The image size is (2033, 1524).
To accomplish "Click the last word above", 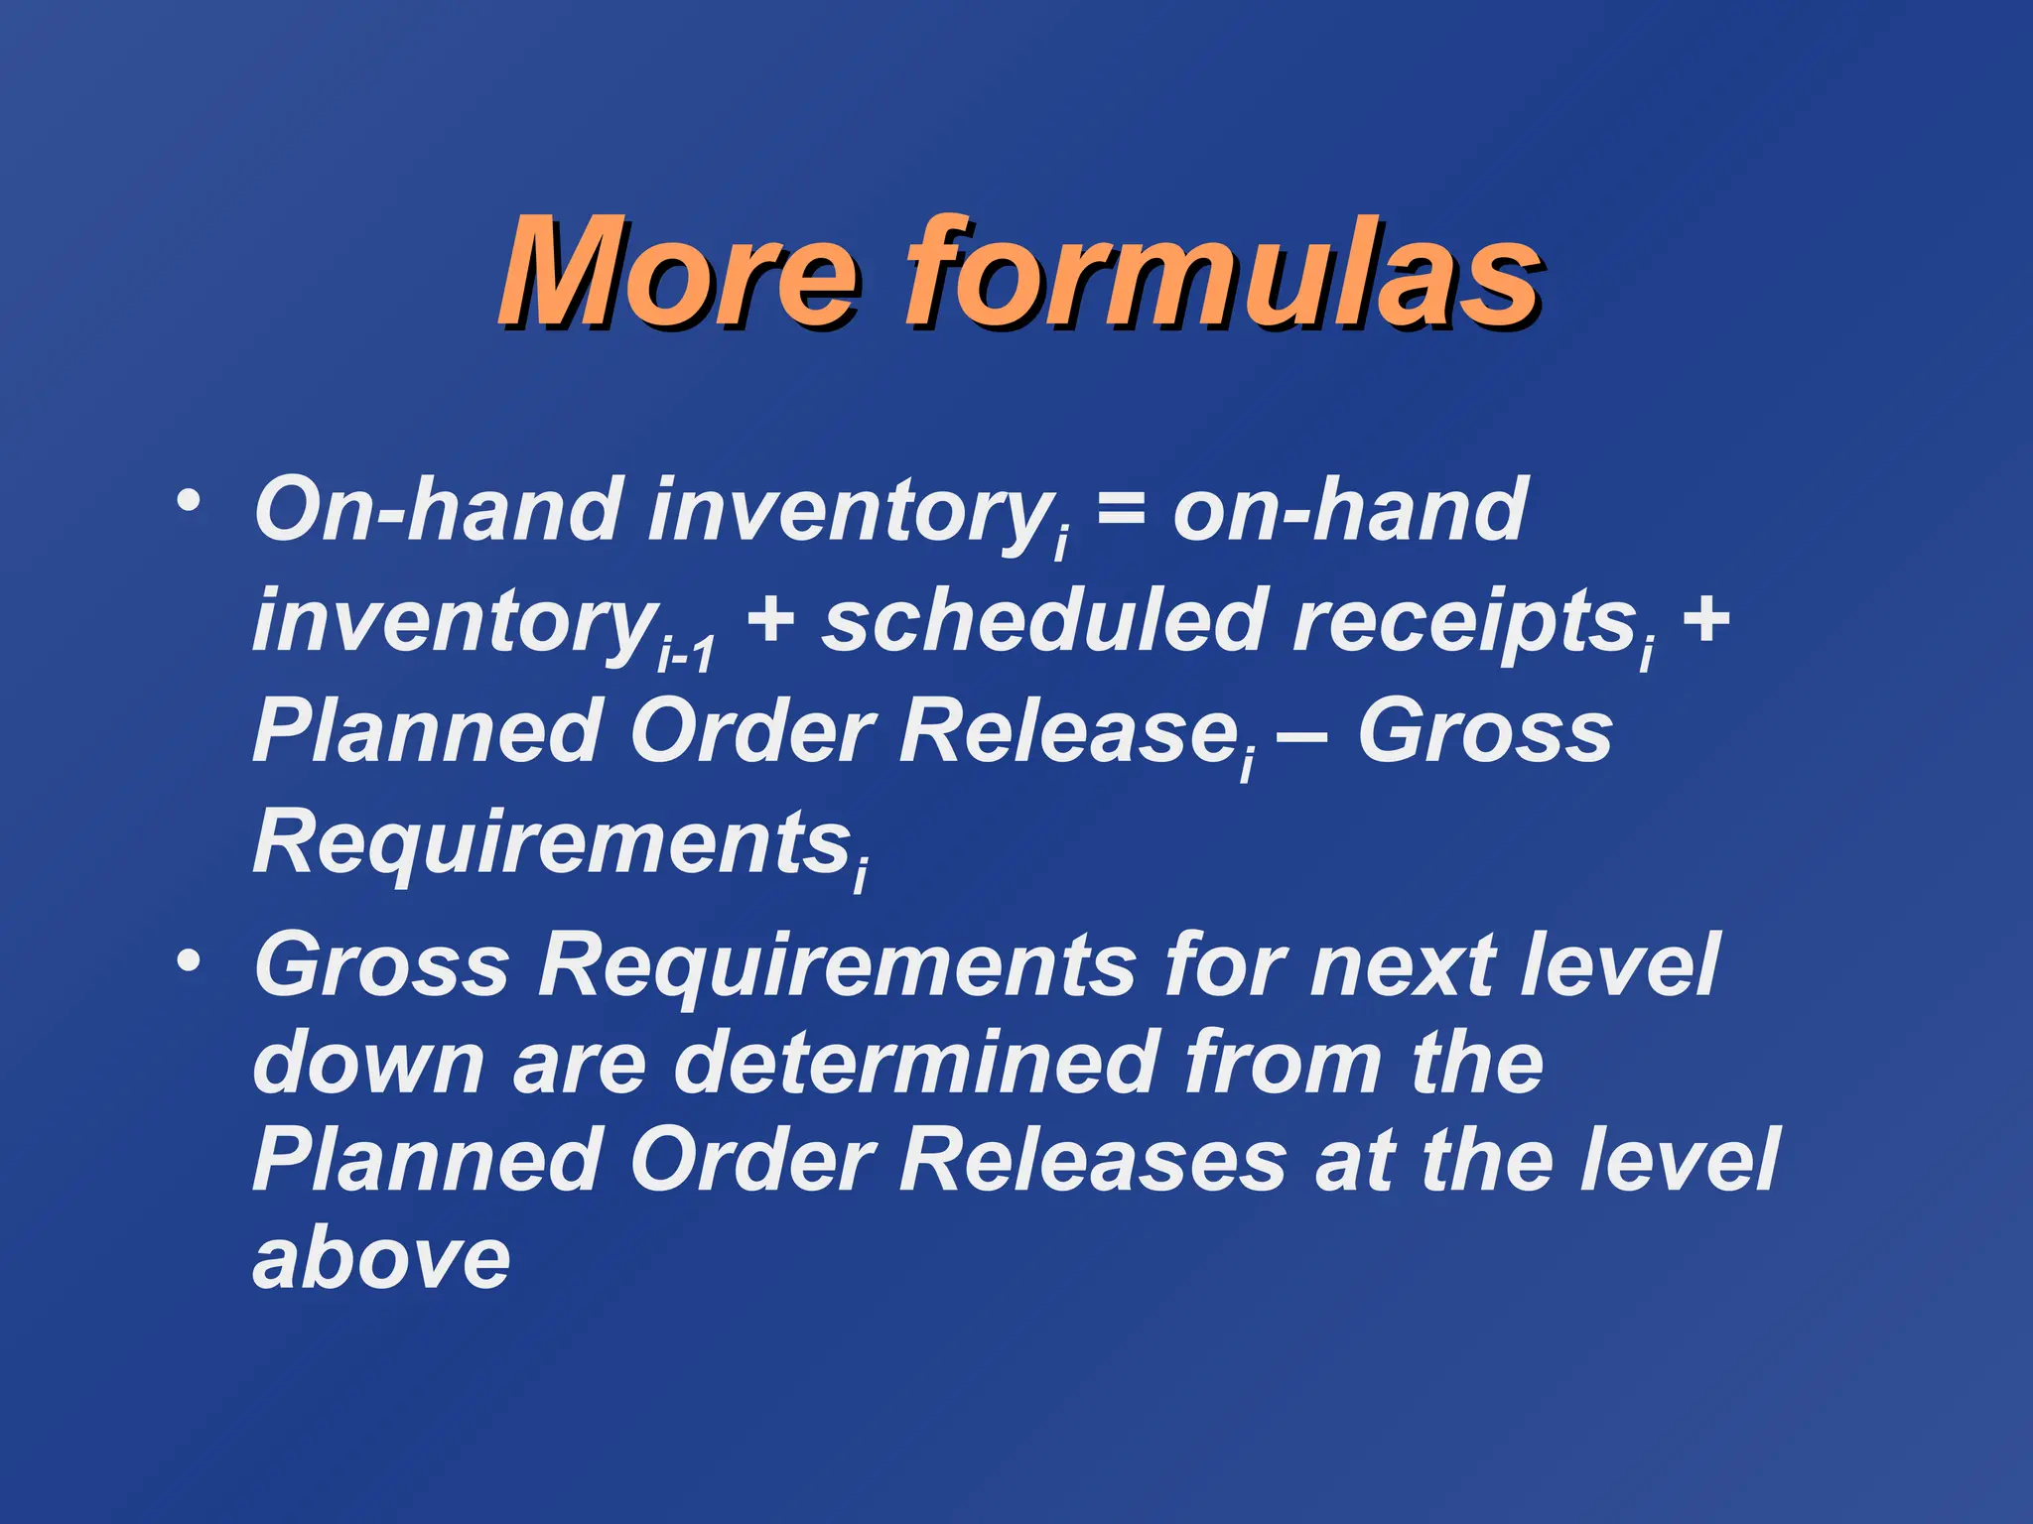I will [382, 1260].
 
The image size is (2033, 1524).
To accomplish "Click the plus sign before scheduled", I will [770, 621].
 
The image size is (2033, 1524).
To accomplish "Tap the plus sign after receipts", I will [1706, 621].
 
